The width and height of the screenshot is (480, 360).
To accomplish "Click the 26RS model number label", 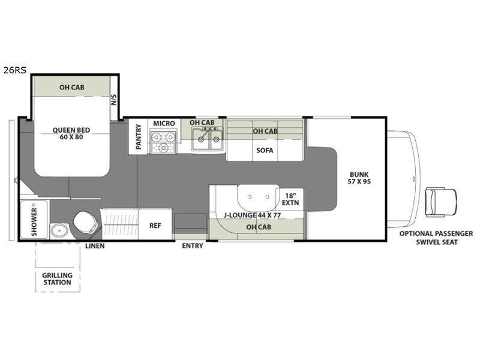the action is [x=14, y=70].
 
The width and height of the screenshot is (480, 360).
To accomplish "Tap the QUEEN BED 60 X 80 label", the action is [x=71, y=133].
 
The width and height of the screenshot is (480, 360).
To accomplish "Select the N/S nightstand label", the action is [x=114, y=100].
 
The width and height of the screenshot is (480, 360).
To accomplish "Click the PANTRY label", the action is [x=139, y=137].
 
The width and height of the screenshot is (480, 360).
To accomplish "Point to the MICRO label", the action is [x=164, y=124].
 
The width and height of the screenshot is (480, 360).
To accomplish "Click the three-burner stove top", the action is [x=163, y=141].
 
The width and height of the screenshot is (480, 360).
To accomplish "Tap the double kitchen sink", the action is [x=208, y=139].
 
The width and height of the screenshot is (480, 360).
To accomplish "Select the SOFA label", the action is [x=265, y=151].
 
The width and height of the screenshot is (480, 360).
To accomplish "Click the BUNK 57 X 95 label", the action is [x=359, y=178].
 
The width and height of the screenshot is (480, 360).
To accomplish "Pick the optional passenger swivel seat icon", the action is [x=440, y=202].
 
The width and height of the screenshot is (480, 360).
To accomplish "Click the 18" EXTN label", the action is [x=290, y=199].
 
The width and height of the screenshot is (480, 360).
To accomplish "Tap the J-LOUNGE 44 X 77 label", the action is [x=252, y=215].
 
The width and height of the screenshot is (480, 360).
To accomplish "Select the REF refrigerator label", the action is [x=155, y=226].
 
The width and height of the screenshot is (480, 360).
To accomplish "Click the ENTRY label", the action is [x=193, y=246].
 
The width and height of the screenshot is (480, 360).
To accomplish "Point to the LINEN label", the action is [x=95, y=246].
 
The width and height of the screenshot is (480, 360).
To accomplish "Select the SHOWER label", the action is [x=34, y=222].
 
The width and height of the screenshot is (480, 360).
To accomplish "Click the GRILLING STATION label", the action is [x=58, y=279].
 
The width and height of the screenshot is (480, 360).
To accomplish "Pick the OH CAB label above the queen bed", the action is [x=72, y=88].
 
